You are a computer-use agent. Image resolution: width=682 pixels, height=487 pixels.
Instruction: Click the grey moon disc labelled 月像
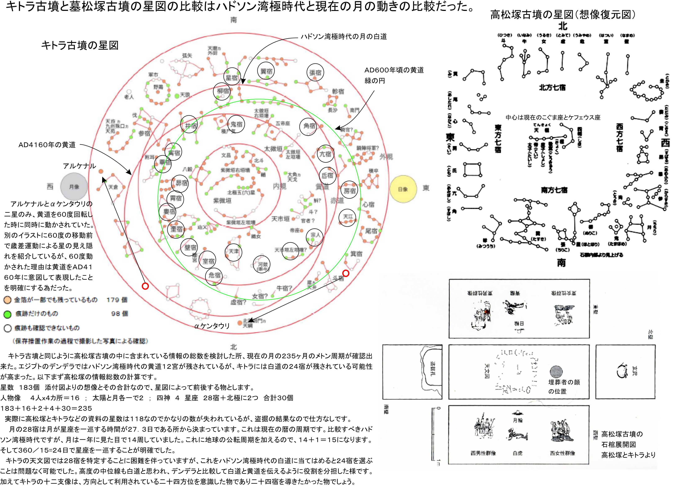[74, 186]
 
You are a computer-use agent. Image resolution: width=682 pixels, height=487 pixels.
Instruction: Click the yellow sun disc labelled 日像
[403, 189]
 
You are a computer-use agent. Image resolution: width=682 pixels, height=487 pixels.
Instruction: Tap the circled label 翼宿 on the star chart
[266, 71]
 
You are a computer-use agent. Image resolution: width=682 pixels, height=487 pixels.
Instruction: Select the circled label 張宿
[315, 72]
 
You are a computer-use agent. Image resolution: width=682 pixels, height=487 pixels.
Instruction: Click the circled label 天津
[233, 252]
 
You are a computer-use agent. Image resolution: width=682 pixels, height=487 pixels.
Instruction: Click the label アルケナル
[79, 166]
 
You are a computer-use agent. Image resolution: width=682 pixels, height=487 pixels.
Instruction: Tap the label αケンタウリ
[212, 326]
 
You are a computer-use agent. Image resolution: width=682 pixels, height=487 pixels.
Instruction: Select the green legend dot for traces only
[8, 314]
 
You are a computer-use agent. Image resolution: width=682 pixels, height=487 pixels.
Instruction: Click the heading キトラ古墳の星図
[80, 45]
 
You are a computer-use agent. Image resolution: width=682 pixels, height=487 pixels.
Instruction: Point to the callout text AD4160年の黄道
[47, 145]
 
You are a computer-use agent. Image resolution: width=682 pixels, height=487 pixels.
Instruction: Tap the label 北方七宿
[552, 87]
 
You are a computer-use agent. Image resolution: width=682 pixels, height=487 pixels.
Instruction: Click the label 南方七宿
[554, 190]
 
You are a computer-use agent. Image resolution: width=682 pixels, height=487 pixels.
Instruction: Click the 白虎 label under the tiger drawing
[517, 453]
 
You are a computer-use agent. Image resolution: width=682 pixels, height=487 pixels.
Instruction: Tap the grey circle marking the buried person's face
[556, 372]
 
